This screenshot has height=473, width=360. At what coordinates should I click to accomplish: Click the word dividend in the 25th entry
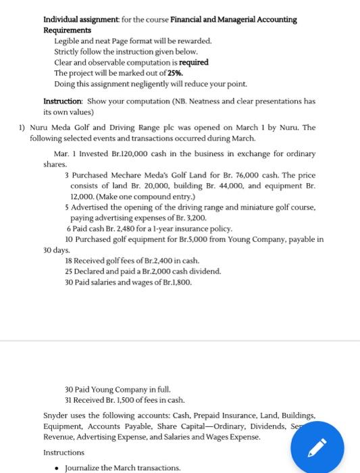pyautogui.click(x=204, y=271)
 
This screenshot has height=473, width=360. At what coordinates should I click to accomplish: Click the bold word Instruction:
pyautogui.click(x=63, y=101)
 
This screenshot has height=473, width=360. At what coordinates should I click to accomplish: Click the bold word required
pyautogui.click(x=193, y=62)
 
